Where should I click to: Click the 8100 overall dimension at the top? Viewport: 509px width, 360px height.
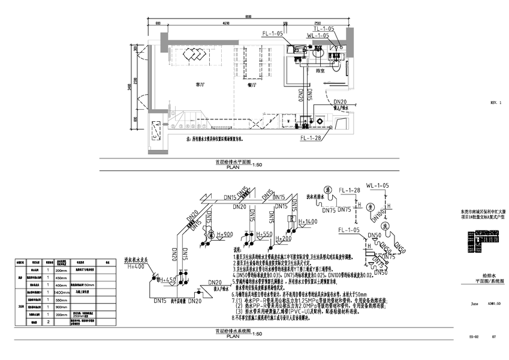click(248, 17)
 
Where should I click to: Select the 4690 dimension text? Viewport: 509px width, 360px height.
click(222, 23)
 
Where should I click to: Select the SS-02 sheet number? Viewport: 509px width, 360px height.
click(474, 338)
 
